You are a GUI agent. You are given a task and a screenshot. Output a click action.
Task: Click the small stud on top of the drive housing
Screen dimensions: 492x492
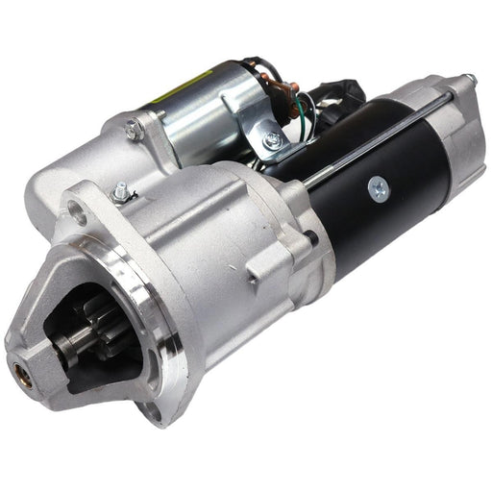pyautogui.click(x=120, y=191)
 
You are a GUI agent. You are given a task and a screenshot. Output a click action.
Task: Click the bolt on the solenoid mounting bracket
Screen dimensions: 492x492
pyautogui.click(x=274, y=141)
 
